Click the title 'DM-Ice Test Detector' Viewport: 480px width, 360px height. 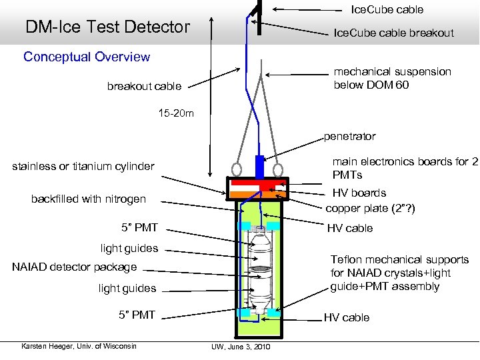point(107,27)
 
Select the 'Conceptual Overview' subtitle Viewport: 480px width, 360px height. point(87,57)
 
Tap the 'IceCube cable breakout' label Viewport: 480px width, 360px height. point(393,33)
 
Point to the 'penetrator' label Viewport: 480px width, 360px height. point(349,136)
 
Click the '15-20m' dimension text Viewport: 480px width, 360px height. point(177,113)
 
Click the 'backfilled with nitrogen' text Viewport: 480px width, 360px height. point(88,199)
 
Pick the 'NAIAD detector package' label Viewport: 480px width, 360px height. point(74,267)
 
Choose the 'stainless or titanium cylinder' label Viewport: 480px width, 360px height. point(83,166)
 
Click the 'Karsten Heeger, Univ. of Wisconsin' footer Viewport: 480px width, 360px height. point(79,345)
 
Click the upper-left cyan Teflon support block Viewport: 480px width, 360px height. point(245,225)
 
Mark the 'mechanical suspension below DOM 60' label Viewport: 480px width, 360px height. point(392,78)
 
